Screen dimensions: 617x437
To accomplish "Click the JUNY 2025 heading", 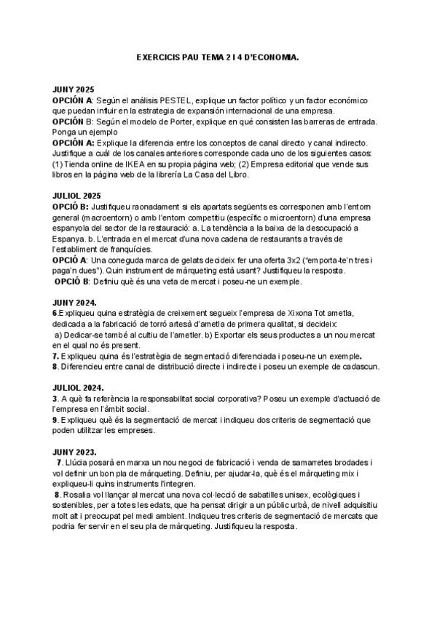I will [x=74, y=89].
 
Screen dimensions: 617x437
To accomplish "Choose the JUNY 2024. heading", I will [x=76, y=302].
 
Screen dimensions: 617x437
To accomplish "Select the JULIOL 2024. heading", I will [x=78, y=387].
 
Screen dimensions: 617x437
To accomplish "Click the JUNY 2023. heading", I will [x=76, y=451].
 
